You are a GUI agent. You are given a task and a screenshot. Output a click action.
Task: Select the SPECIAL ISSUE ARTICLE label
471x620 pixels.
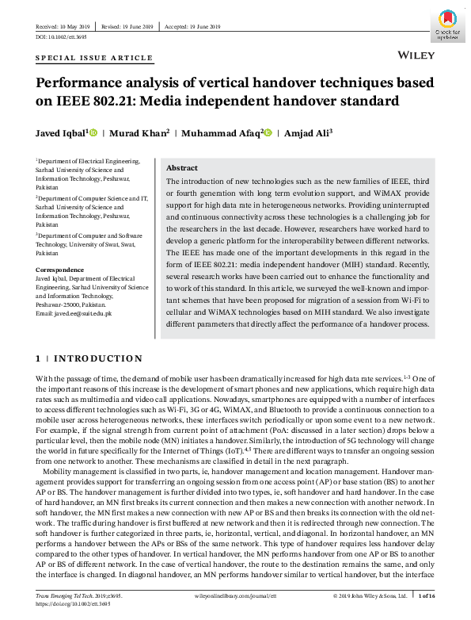coord(94,59)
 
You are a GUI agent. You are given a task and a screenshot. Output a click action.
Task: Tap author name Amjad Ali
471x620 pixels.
coord(309,132)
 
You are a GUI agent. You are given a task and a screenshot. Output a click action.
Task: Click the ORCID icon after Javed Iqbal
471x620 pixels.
coord(93,132)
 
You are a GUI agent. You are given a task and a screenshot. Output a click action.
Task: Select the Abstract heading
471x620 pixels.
coord(181,168)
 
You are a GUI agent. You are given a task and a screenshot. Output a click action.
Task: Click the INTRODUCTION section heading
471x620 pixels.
coord(99,359)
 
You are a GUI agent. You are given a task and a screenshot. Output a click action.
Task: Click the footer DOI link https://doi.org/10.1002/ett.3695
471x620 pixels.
coord(70,604)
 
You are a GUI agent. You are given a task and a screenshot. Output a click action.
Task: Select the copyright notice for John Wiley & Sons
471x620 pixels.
coord(370,595)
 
